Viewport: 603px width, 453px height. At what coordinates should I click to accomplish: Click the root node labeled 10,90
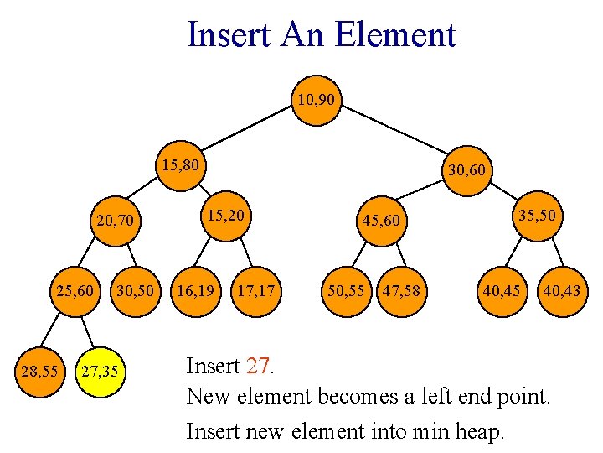(x=317, y=101)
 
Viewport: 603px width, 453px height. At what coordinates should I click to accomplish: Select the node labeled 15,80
(x=180, y=165)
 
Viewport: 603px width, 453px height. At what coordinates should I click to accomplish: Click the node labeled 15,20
(x=225, y=216)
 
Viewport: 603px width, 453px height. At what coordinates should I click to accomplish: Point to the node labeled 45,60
(x=382, y=222)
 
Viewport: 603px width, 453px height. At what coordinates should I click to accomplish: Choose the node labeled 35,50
(x=537, y=216)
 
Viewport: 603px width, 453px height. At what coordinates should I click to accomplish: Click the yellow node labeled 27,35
(x=100, y=370)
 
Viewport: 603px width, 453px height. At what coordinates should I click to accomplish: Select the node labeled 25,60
(x=75, y=292)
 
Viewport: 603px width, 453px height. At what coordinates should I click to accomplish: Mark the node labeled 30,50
(x=135, y=292)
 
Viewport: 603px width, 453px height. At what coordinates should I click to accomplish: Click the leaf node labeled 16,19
(x=194, y=292)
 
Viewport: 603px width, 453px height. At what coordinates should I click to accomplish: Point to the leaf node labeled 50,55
(x=346, y=292)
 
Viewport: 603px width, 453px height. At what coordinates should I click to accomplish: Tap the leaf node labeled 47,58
(x=401, y=292)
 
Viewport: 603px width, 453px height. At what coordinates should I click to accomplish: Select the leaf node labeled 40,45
(x=499, y=292)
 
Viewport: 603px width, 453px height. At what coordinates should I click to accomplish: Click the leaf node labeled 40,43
(x=560, y=292)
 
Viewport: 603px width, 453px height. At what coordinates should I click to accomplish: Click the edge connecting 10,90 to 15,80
(x=248, y=133)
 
